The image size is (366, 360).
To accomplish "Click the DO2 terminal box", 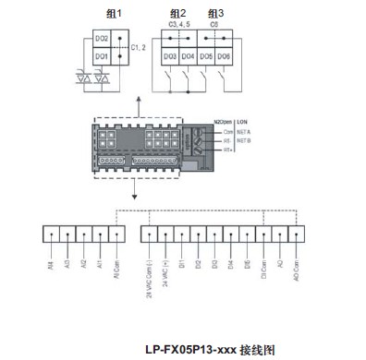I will (x=103, y=40).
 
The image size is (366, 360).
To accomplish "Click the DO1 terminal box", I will (x=103, y=57).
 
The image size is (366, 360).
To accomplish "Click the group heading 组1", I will (x=115, y=12).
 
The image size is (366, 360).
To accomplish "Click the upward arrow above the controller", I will (x=139, y=104).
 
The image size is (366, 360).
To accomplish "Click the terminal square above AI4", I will (x=52, y=234).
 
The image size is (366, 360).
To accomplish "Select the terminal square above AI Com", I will (x=118, y=234).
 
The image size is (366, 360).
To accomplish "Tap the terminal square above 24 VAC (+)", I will (x=165, y=234).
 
